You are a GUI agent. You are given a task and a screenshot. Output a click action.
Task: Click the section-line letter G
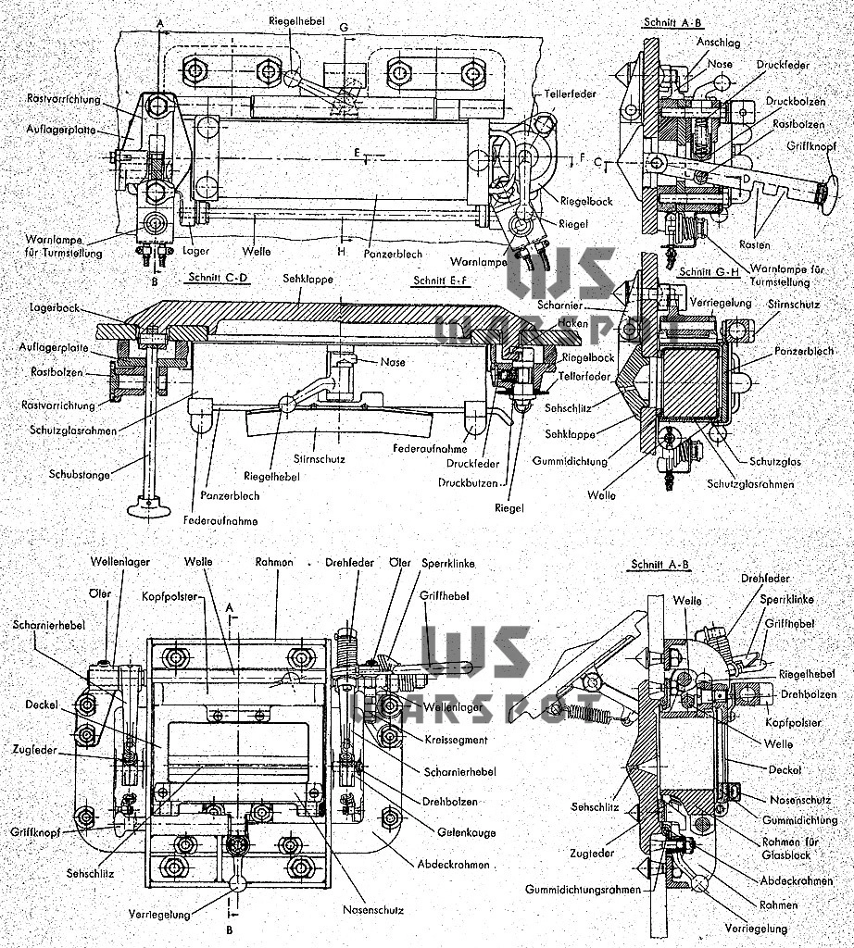pos(344,28)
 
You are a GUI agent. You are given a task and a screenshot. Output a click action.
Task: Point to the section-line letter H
pos(343,249)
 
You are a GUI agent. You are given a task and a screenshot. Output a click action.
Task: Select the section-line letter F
pos(583,159)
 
